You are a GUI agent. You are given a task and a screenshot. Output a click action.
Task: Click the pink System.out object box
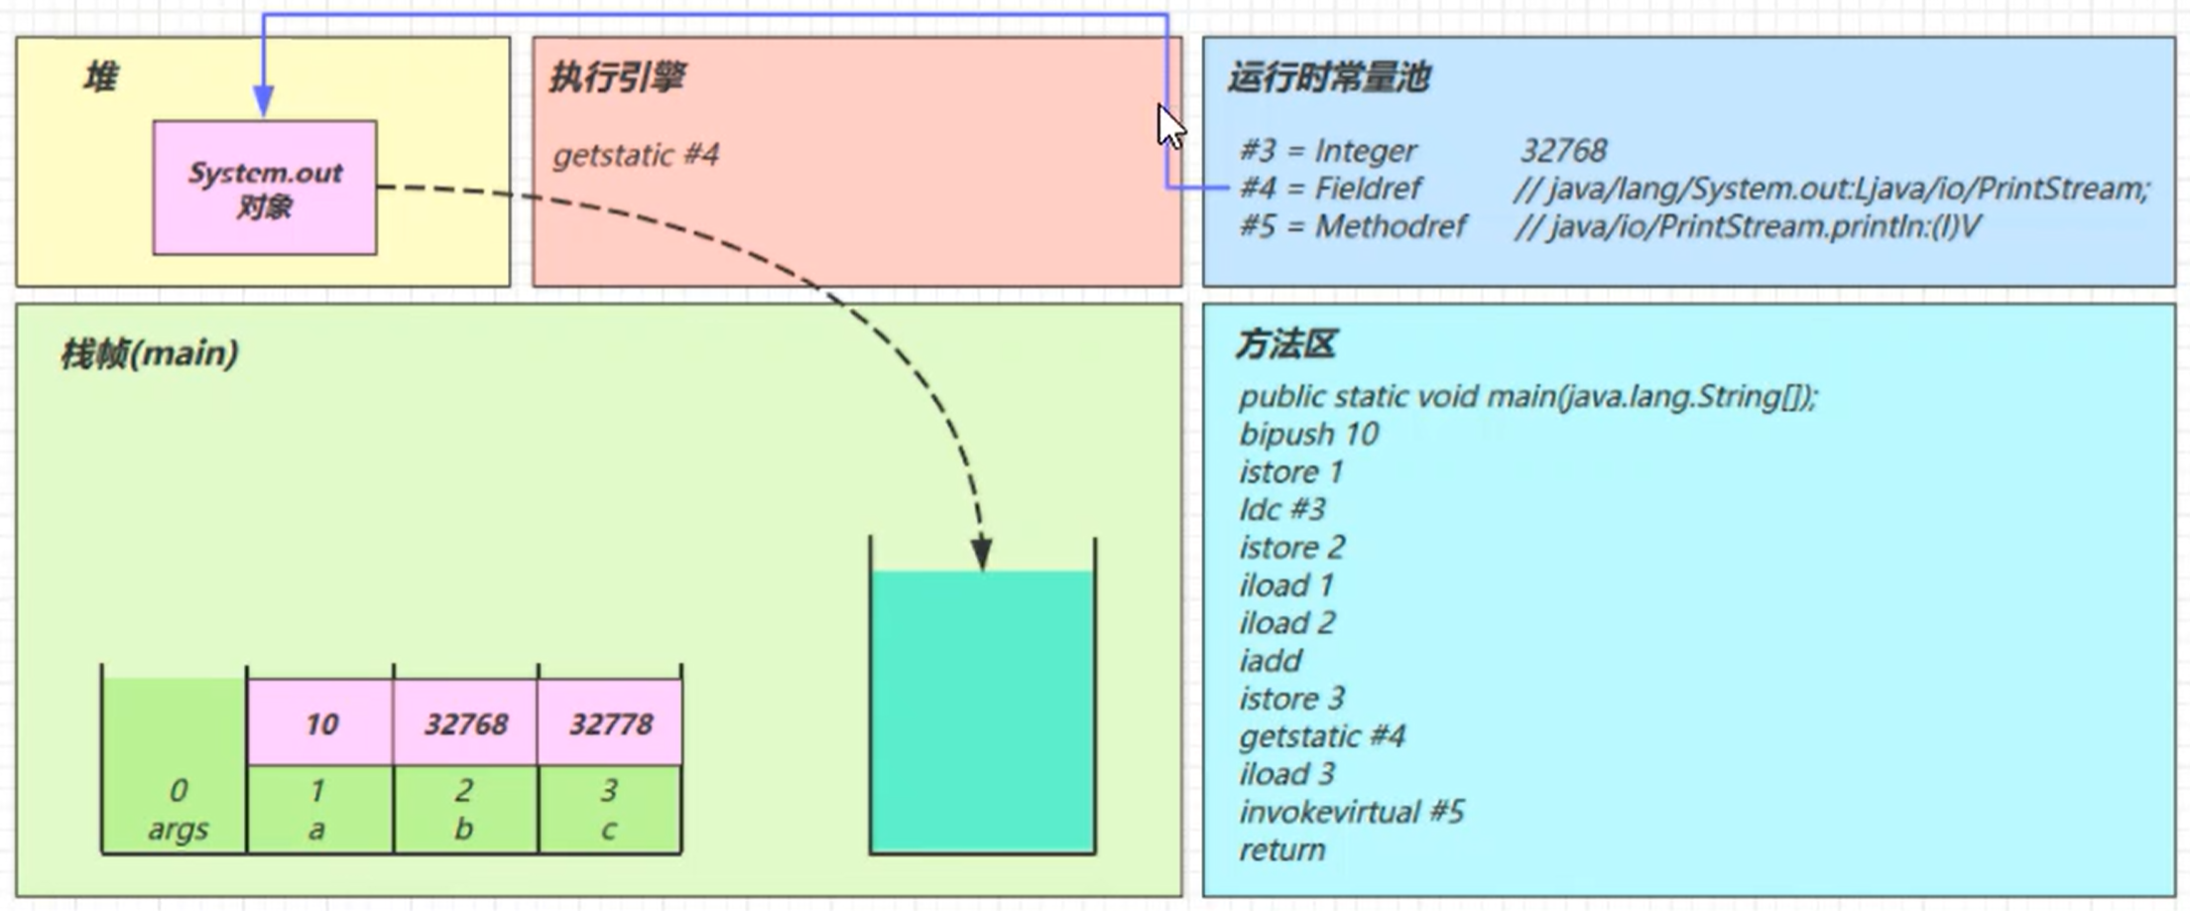(x=264, y=188)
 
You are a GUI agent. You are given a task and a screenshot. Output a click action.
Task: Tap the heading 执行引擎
(x=617, y=76)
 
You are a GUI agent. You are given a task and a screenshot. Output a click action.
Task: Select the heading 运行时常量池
(x=1328, y=76)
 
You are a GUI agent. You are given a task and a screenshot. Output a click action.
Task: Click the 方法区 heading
(x=1285, y=344)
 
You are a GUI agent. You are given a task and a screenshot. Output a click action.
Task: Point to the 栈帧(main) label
(x=149, y=353)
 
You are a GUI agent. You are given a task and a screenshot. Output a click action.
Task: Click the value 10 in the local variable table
(x=321, y=723)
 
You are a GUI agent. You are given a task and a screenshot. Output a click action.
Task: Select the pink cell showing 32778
(x=610, y=723)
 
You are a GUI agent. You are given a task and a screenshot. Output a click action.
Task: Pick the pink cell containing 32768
(x=466, y=723)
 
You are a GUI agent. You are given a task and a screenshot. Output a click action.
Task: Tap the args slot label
(x=178, y=829)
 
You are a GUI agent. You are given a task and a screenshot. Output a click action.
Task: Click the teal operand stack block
(x=982, y=710)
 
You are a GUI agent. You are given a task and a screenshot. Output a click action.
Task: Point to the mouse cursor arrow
(x=1170, y=125)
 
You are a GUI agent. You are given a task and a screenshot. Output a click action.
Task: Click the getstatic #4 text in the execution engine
(x=636, y=155)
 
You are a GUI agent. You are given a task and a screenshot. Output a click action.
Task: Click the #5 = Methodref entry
(x=1353, y=226)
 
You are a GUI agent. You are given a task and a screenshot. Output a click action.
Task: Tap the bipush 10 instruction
(x=1308, y=434)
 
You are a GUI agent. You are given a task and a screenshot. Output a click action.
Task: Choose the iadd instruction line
(x=1270, y=661)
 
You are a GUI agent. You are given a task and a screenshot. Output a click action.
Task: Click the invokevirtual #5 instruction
(x=1351, y=812)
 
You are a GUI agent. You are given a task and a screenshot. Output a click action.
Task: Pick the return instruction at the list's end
(x=1281, y=849)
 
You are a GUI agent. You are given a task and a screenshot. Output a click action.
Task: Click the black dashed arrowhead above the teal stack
(x=982, y=553)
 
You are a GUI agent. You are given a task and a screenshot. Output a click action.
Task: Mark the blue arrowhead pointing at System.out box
(x=263, y=101)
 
